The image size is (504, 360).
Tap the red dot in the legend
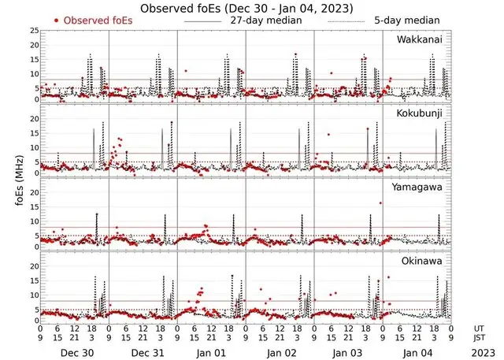[56, 20]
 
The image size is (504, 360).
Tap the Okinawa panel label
[424, 259]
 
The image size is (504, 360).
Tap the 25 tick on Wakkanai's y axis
[34, 30]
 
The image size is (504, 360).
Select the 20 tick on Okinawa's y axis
[34, 266]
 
